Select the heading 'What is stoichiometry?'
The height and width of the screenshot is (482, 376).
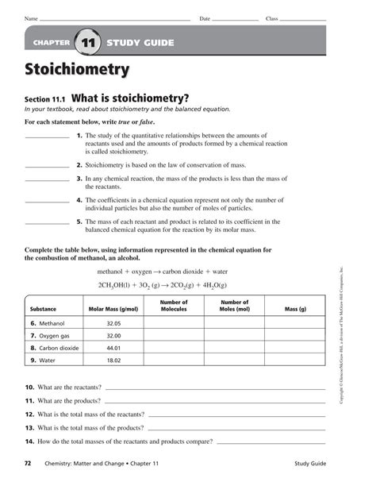click(130, 98)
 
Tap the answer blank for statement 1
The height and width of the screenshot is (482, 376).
click(47, 137)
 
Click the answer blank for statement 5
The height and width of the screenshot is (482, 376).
click(47, 223)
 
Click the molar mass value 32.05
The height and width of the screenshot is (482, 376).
click(113, 324)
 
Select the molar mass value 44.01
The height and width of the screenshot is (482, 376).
click(113, 348)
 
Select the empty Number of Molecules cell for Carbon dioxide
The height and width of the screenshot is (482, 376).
click(173, 348)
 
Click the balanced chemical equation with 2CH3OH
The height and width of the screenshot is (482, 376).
click(162, 285)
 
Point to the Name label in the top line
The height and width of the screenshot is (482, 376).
click(31, 17)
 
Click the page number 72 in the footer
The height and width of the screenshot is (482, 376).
click(29, 461)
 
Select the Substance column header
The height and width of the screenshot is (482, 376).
click(43, 309)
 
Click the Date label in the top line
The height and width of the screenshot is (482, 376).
click(204, 17)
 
